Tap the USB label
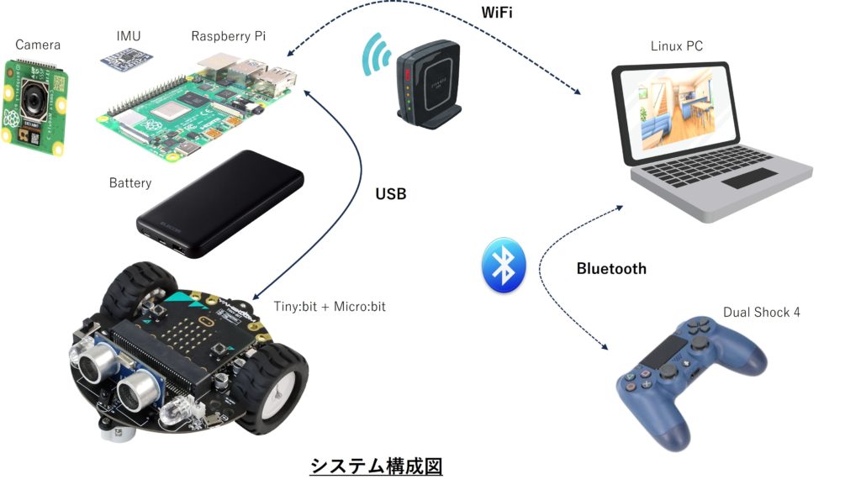[390, 194]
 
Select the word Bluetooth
[611, 269]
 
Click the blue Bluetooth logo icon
[503, 265]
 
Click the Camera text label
[38, 45]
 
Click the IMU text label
[129, 36]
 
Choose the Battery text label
[130, 182]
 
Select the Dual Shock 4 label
[762, 313]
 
